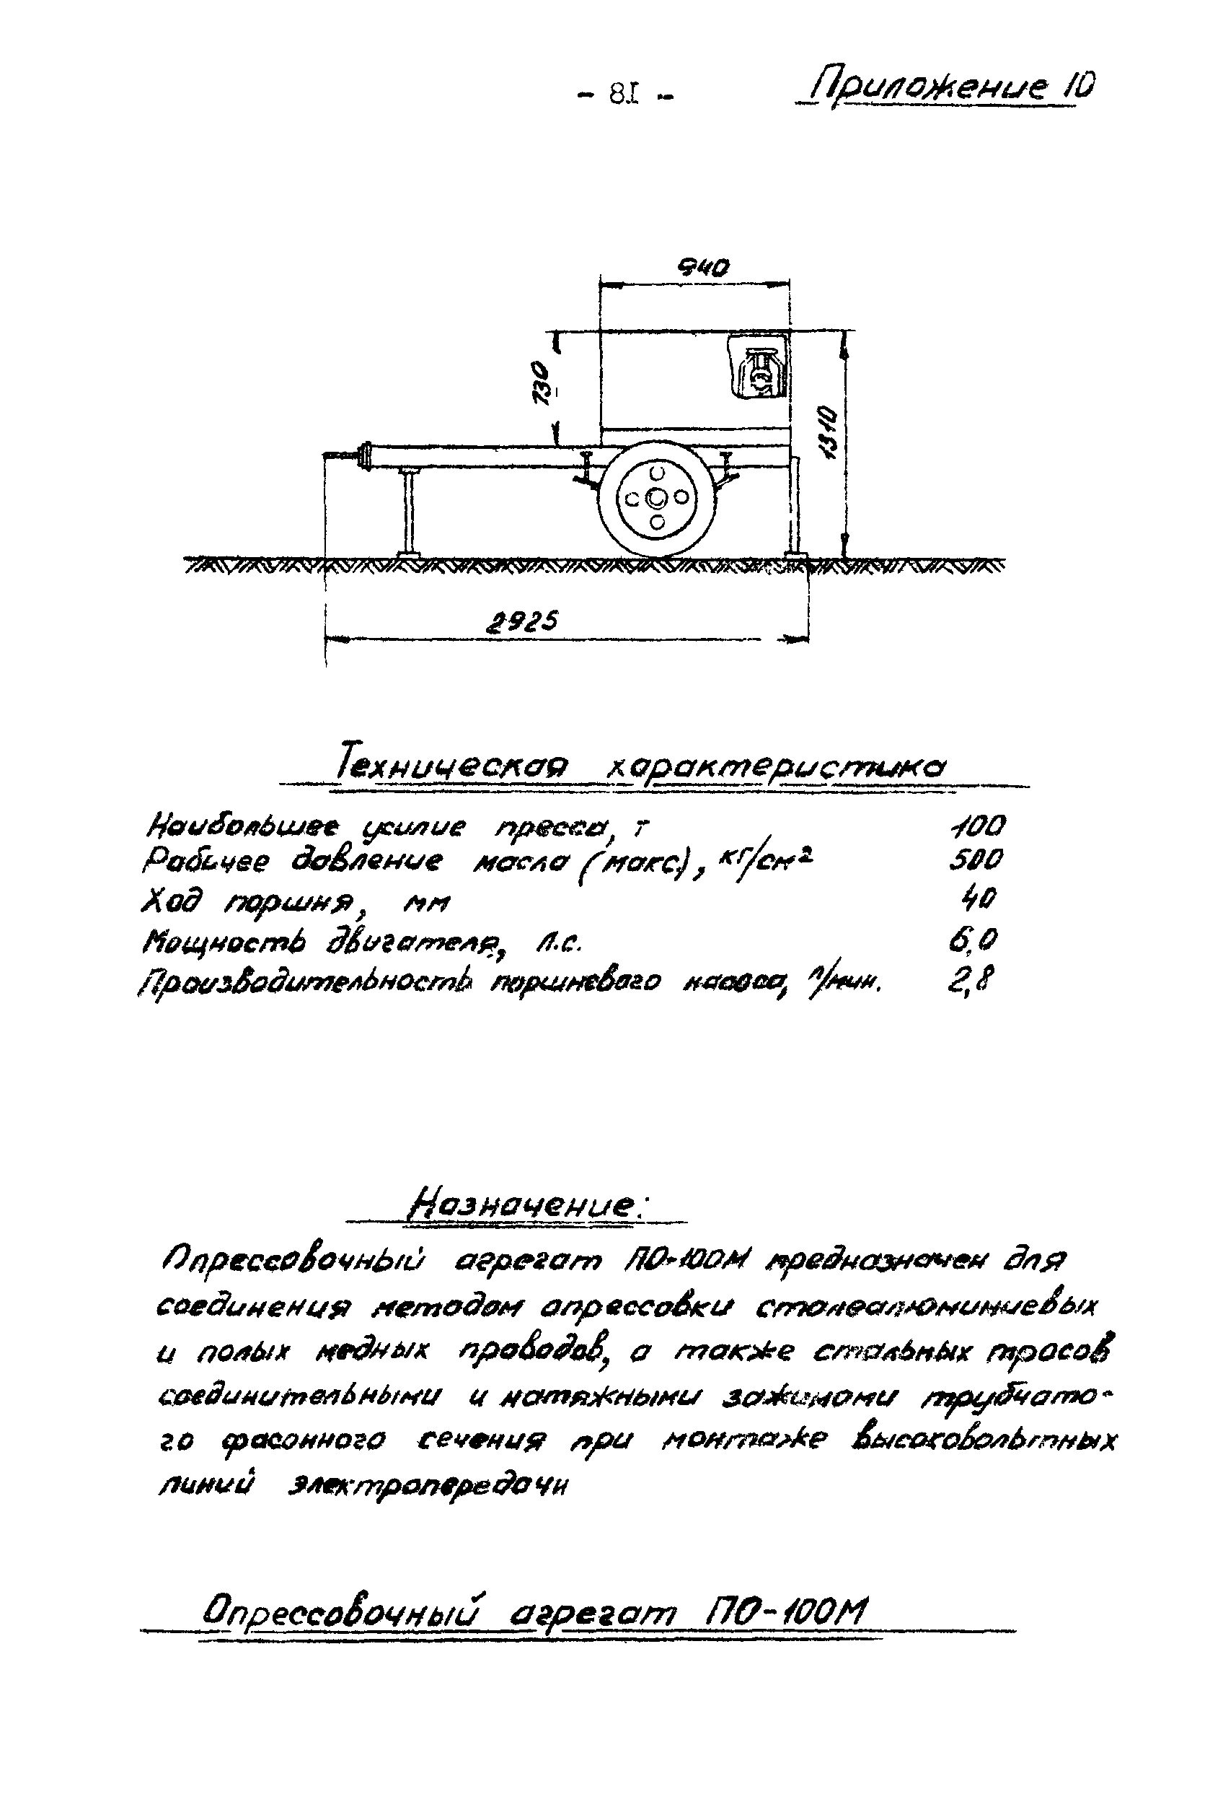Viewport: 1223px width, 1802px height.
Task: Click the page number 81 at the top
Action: [x=624, y=95]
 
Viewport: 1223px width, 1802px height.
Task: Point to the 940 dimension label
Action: [x=703, y=268]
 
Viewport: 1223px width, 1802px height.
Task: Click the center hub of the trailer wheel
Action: [x=657, y=498]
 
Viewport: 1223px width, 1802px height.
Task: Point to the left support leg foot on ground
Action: [x=408, y=553]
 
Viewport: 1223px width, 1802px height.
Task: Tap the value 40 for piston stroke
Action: [x=978, y=898]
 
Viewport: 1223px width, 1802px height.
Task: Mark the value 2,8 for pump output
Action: [x=971, y=980]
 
